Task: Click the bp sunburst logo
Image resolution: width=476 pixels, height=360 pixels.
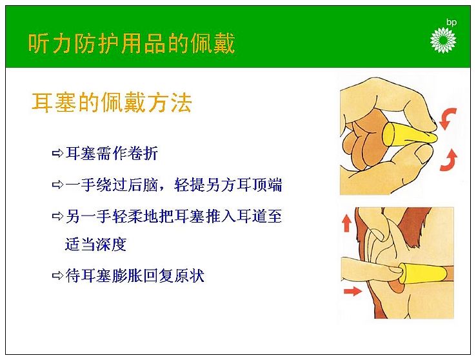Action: pyautogui.click(x=443, y=40)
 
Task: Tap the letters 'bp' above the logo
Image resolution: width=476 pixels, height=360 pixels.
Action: pyautogui.click(x=451, y=22)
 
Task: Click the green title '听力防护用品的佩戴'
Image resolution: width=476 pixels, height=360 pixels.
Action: pyautogui.click(x=132, y=43)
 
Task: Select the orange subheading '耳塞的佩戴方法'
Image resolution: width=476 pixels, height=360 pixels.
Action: pyautogui.click(x=112, y=103)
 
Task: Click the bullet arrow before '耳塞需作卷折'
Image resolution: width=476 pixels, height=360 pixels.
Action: pyautogui.click(x=57, y=154)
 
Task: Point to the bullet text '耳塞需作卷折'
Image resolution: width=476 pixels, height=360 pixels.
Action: pyautogui.click(x=112, y=154)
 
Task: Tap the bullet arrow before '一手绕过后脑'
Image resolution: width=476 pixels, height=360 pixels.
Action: pyautogui.click(x=57, y=185)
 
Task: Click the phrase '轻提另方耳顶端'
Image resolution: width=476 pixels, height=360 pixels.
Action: pyautogui.click(x=228, y=185)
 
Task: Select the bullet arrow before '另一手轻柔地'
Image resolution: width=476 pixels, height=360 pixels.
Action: pyautogui.click(x=57, y=216)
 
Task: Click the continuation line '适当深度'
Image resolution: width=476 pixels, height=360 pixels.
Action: pyautogui.click(x=95, y=244)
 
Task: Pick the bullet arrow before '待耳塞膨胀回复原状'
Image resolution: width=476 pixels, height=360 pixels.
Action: pyautogui.click(x=57, y=275)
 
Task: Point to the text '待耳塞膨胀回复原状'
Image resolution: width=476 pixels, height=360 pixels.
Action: pyautogui.click(x=135, y=275)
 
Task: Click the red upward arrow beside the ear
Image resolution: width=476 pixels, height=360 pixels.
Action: pyautogui.click(x=346, y=223)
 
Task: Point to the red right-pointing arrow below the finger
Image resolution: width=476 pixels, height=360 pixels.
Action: pyautogui.click(x=352, y=292)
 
